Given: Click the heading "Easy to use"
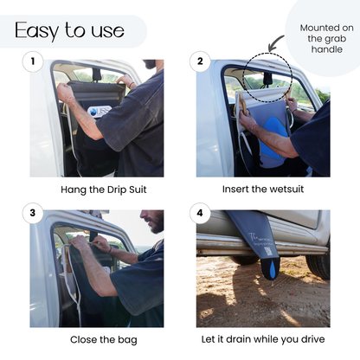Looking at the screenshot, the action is coord(69,30).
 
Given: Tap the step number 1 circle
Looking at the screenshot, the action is coord(33,61).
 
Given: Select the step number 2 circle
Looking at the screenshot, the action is coord(200,61).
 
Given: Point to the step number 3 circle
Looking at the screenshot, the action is coord(33,213).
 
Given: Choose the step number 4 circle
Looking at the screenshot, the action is coord(200,213).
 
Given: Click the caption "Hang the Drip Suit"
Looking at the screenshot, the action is coord(104,190).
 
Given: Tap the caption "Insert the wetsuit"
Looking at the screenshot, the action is coord(263,190).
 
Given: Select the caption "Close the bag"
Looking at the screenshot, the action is coord(104,340).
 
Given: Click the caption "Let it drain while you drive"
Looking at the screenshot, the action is coord(263,339).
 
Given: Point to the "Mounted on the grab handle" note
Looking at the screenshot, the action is coord(326,38).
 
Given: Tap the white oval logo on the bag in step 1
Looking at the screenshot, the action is coord(100,111).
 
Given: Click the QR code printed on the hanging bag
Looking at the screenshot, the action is coord(267,251).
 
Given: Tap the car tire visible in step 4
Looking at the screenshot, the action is coord(318,266).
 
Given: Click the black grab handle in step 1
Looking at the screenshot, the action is coord(97,74).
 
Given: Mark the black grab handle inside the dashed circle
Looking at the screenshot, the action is coord(267,80).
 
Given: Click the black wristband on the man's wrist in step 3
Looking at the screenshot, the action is coord(110,249).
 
